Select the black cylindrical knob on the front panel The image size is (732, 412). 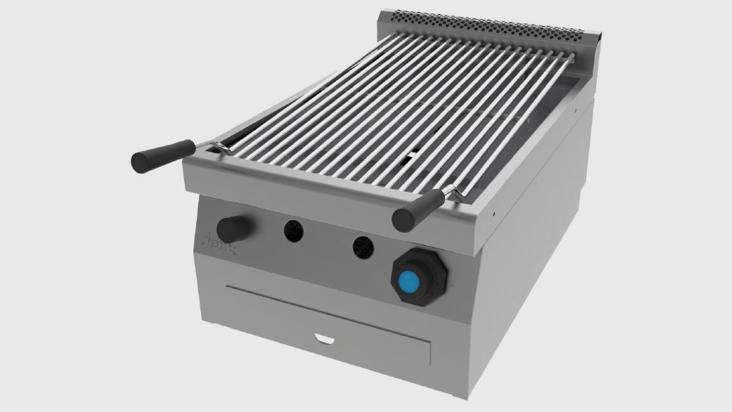232,227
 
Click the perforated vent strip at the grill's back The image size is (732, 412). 490,23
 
